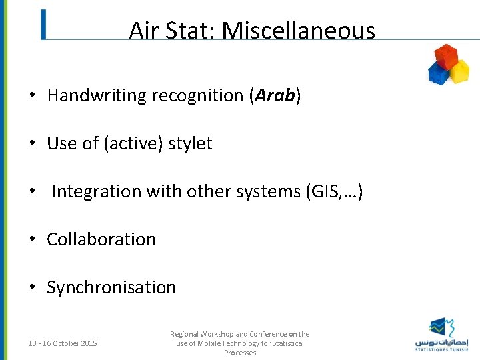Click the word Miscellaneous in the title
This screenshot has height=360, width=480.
point(298,31)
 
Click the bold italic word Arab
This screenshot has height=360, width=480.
point(275,95)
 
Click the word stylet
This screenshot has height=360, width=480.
point(190,143)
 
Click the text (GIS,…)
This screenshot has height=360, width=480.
point(333,191)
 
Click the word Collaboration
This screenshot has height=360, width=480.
point(101,239)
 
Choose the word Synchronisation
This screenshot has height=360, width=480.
point(111,287)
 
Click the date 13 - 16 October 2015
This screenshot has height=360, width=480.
point(63,343)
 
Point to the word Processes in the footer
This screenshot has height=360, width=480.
point(239,353)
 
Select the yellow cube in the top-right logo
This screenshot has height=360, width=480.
point(459,71)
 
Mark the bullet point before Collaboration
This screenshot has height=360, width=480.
point(32,239)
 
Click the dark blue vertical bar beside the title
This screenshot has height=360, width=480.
point(43,25)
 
